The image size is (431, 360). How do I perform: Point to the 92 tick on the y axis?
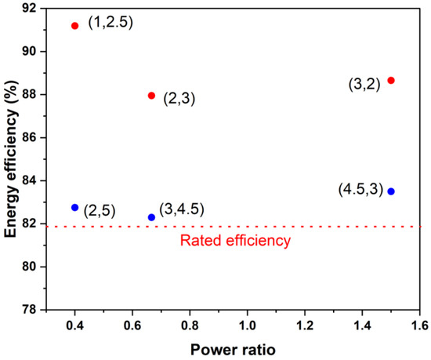(31, 9)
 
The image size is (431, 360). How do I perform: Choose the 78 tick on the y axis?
(31, 310)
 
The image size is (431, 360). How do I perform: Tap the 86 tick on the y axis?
(31, 137)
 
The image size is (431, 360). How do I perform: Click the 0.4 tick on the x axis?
(74, 323)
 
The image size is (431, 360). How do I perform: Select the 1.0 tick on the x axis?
(248, 323)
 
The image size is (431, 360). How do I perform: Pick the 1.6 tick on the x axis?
(420, 323)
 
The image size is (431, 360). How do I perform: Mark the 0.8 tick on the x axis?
(190, 323)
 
